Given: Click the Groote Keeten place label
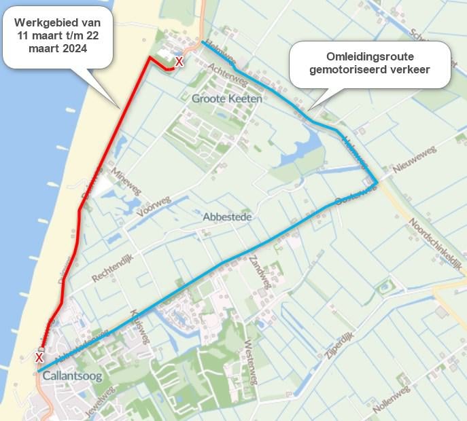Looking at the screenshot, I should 227,98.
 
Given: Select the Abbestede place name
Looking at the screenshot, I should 228,217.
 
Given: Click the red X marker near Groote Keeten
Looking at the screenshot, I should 179,62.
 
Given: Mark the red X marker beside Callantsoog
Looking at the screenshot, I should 39,357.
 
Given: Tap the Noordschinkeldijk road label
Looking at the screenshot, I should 435,244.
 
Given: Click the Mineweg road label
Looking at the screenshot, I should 126,181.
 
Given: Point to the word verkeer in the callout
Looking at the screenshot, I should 406,69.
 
